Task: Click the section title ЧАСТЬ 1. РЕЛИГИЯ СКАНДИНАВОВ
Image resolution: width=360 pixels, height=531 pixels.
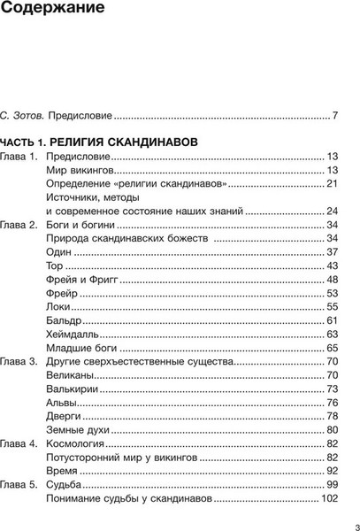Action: [x=98, y=142]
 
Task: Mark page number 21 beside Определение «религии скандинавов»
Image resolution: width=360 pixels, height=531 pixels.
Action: [x=333, y=183]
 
